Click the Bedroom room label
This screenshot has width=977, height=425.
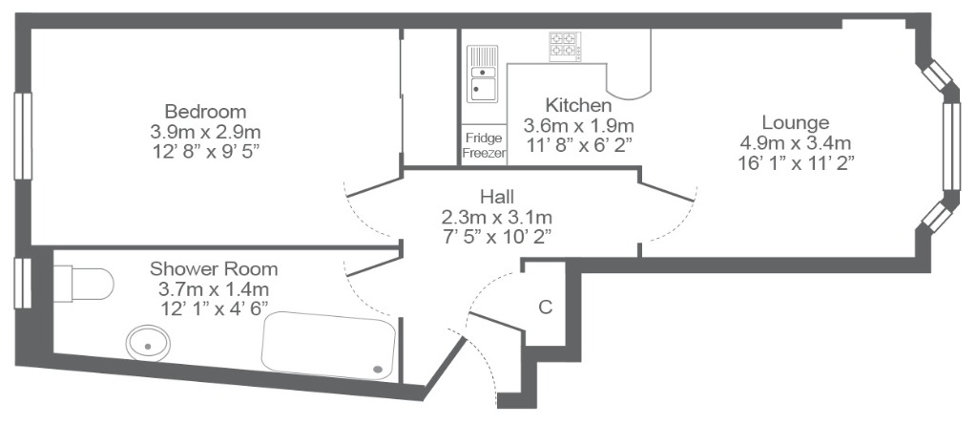205,112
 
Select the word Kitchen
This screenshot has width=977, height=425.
578,105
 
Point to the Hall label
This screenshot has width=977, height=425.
497,197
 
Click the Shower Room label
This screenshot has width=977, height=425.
214,269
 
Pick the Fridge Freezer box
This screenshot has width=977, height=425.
484,145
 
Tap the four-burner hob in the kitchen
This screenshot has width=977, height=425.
565,46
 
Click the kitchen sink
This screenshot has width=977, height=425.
483,74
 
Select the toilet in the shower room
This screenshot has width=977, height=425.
83,284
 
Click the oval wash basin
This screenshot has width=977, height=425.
148,344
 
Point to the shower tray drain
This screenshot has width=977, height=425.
378,370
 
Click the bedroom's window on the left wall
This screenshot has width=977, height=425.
23,136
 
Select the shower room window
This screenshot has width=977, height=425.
23,283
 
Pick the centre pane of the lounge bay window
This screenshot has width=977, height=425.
951,146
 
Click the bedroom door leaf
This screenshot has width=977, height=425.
373,187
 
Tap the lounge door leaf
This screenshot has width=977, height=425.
667,191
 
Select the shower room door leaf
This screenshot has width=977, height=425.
373,266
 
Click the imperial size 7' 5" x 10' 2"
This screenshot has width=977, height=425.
497,237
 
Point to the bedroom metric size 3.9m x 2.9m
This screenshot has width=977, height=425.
205,132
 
